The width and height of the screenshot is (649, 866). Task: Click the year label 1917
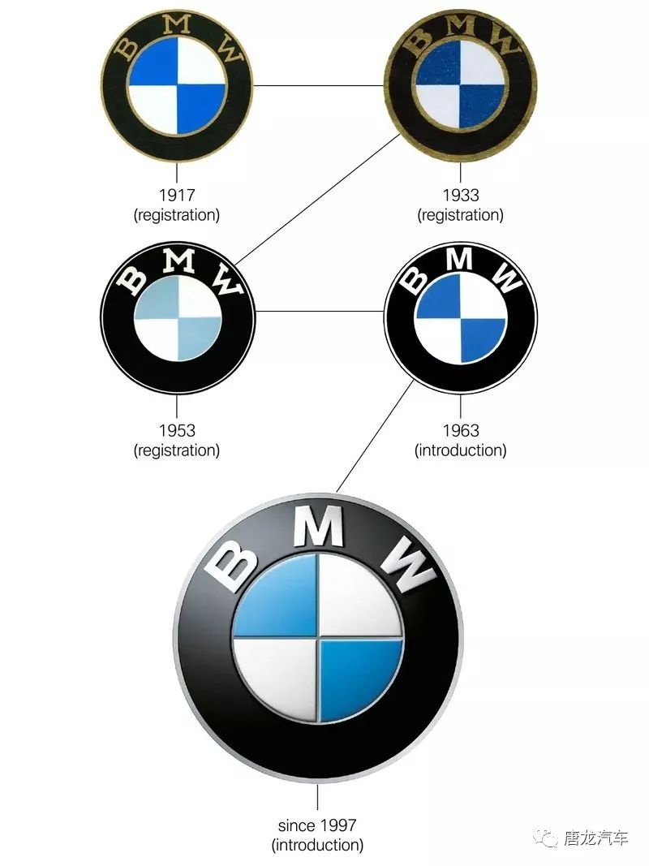(177, 196)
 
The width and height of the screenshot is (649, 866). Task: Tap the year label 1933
(460, 196)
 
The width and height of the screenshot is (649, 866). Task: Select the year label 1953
(177, 431)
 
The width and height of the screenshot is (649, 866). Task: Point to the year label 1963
(460, 431)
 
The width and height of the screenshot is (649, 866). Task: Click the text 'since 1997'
(316, 825)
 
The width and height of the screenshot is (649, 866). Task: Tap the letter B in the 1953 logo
(133, 278)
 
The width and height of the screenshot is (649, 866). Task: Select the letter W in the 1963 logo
(506, 279)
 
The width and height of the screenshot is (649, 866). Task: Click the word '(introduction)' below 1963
(460, 450)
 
